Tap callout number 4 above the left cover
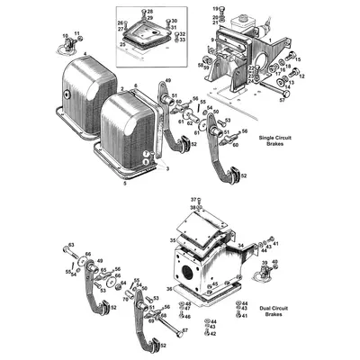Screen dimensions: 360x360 point(84,56)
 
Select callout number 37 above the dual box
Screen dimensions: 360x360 point(193,199)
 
